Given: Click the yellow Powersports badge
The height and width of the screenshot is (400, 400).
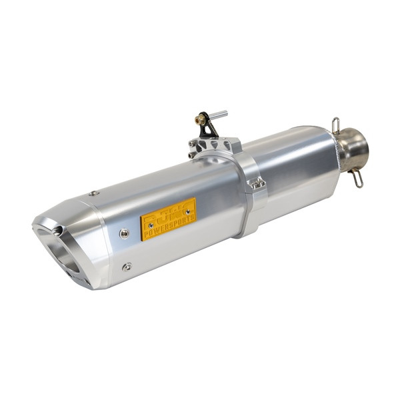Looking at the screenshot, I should [168, 219].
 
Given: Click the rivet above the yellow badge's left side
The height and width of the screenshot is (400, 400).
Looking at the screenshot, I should [93, 193].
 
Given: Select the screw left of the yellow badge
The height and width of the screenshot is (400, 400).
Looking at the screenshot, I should [124, 233].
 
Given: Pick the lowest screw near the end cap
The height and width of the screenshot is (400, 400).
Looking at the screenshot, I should [127, 267].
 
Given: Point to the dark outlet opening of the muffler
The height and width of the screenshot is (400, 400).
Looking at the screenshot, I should [63, 257].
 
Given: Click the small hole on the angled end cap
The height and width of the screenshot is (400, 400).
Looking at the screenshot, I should [57, 231].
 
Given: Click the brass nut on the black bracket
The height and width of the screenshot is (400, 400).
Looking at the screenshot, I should [199, 121].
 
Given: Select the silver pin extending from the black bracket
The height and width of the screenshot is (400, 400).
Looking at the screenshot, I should [219, 115].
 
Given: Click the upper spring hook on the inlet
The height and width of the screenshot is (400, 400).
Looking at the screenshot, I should [336, 125].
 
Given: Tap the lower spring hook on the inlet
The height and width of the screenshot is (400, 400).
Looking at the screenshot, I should [357, 177].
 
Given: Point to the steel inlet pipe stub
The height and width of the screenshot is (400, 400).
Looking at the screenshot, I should [353, 149].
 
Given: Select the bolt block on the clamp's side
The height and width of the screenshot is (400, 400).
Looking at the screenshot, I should [257, 183].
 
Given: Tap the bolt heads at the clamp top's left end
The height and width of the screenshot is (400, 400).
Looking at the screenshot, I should [193, 147].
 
